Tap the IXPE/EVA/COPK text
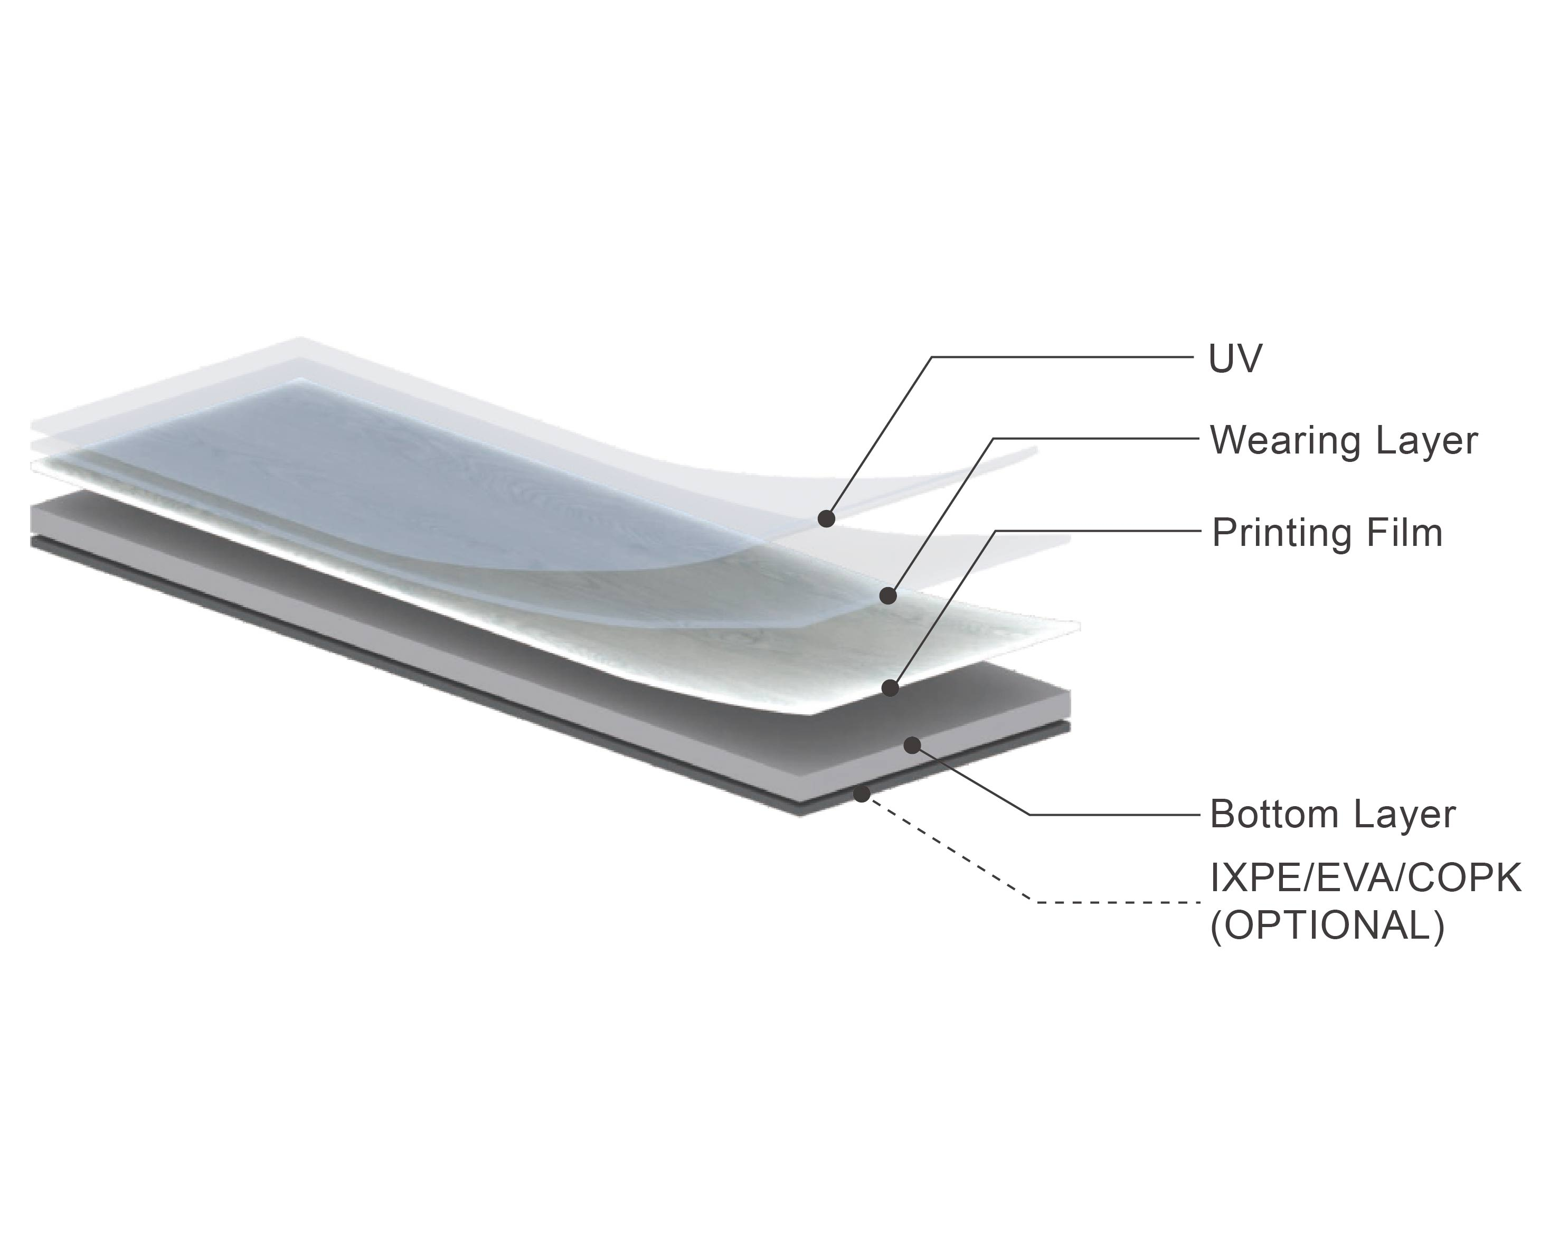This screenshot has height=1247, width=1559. tap(1365, 878)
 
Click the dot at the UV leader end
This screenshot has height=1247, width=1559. tap(827, 518)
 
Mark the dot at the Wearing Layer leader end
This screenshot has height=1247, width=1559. tap(888, 596)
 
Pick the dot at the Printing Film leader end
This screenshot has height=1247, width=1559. tap(891, 688)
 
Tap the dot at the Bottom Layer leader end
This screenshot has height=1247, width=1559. tap(913, 744)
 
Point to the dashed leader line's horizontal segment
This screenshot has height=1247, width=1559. tap(1118, 902)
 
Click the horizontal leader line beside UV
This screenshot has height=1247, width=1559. tap(1062, 356)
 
